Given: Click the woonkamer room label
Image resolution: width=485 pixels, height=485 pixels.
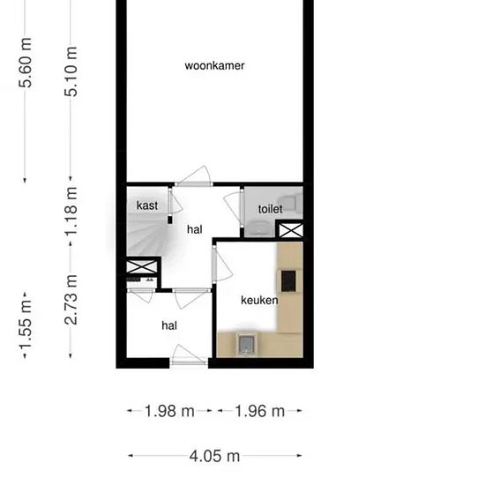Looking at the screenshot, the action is (214, 65).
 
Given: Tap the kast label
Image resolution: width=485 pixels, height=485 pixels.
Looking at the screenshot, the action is (147, 205).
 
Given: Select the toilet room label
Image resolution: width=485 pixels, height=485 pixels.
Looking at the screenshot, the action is (271, 209).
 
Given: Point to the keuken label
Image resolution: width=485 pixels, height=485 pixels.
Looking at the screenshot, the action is (259, 300).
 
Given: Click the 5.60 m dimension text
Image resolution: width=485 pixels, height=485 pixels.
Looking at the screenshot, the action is (25, 63).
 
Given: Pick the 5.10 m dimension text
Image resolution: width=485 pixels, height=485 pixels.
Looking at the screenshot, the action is (71, 71).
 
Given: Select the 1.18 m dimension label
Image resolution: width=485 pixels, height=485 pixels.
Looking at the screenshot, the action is (71, 212).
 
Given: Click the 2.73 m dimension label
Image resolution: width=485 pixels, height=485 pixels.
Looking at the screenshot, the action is (71, 300).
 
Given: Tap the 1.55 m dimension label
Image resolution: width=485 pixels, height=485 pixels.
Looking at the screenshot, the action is (25, 325).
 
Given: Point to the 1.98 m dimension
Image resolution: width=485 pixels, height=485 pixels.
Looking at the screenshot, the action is (169, 411).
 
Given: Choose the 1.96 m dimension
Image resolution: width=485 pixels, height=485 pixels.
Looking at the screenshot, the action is (259, 411).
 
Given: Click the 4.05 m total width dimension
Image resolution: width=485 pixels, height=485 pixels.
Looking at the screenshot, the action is (214, 456).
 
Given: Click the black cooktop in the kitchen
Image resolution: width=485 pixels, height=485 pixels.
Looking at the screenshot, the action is (288, 281).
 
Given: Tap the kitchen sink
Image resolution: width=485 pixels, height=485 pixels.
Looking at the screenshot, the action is (247, 344).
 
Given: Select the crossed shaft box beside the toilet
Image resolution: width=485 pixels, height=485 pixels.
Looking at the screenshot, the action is (291, 230).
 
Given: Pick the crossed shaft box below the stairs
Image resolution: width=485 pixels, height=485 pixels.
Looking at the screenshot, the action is (142, 266).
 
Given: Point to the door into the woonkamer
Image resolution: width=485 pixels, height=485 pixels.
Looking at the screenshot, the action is (194, 176).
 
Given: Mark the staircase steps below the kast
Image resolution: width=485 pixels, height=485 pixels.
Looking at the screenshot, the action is (146, 235).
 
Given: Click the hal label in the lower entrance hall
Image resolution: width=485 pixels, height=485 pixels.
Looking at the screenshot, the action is (169, 325).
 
